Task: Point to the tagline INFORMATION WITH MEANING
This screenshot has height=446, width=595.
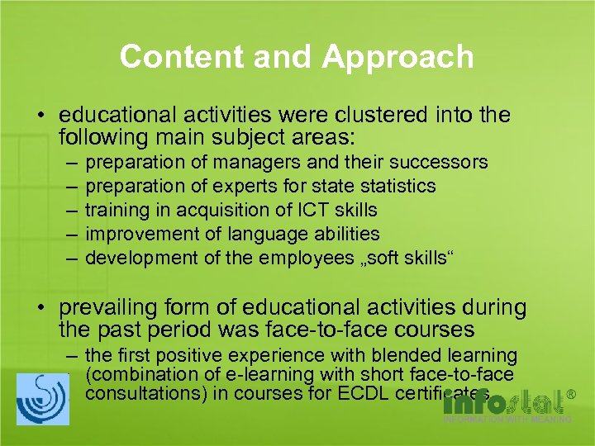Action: point(507,420)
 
